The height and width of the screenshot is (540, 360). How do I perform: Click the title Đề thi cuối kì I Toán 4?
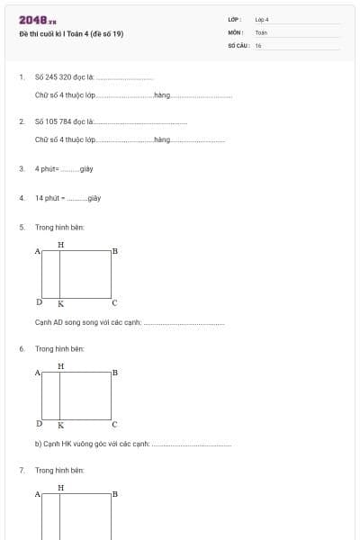[71, 34]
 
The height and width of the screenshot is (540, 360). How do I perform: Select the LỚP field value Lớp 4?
[262, 19]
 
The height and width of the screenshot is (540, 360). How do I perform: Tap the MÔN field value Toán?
[261, 31]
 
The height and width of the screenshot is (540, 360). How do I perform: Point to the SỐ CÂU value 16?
[258, 45]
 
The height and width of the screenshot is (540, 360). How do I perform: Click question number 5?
[22, 228]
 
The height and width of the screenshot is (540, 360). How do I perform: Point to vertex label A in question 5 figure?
[37, 251]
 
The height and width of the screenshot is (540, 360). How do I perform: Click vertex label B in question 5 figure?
[115, 251]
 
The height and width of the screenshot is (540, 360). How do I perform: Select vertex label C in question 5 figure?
[114, 303]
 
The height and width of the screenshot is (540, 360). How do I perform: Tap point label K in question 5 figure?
[60, 304]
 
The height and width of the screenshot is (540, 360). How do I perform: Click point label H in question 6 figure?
[60, 365]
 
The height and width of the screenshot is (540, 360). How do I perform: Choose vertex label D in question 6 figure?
[39, 423]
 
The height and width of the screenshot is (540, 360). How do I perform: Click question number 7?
[22, 470]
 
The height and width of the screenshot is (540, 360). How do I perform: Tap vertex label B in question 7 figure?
[115, 494]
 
